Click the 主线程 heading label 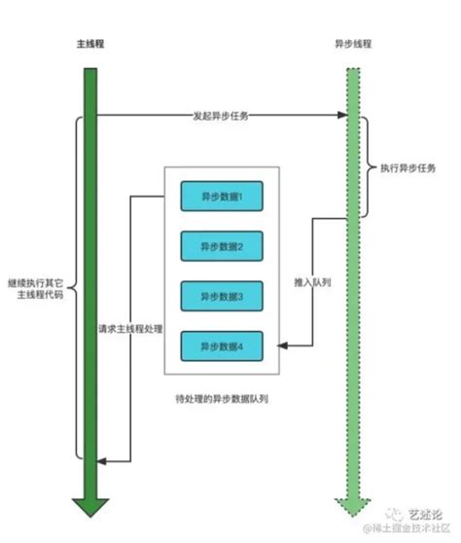coord(90,46)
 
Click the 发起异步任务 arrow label coord(221,116)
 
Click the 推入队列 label coord(311,283)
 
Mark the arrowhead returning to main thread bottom coord(105,460)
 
